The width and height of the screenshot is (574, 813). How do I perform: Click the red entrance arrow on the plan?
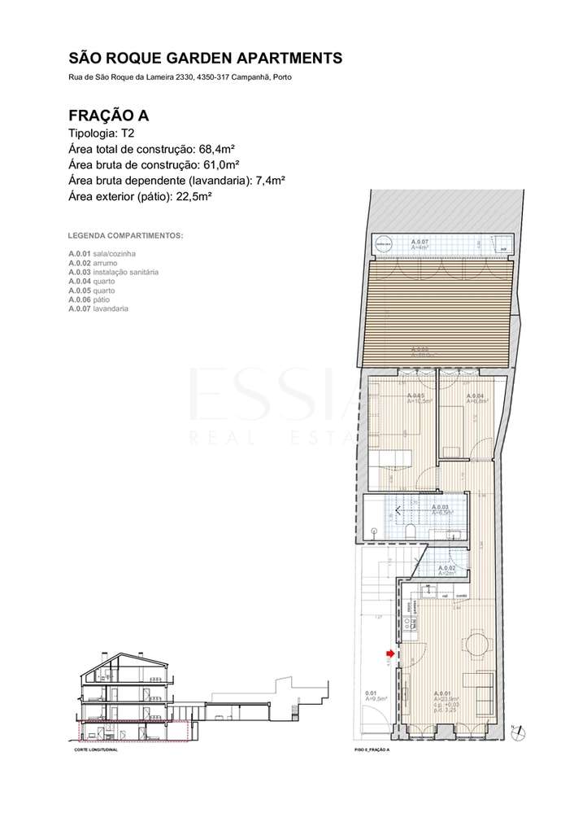pos(390,653)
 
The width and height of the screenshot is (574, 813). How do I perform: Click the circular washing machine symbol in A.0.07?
pos(384,243)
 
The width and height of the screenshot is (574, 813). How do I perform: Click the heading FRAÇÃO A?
pos(108,116)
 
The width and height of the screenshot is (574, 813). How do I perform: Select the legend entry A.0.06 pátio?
pos(92,299)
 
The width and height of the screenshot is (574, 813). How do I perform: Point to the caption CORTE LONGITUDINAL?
pos(96,750)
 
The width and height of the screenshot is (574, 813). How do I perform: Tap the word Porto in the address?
pos(281,77)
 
